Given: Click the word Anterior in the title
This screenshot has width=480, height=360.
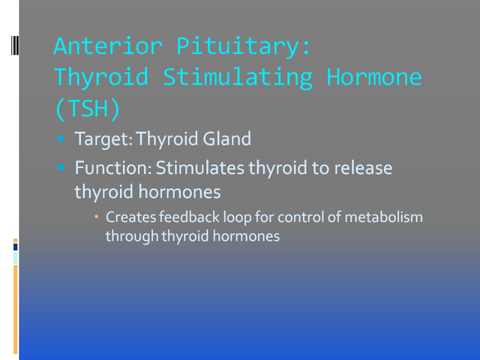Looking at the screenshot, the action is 108,46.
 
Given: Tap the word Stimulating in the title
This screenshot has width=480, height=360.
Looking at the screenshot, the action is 238,78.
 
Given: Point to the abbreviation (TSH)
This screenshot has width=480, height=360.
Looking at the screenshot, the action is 88,109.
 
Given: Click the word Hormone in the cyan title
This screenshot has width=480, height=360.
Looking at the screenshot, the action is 374,77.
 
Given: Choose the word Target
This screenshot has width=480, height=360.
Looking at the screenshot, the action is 103,139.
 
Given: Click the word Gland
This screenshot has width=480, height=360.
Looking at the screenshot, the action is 227,139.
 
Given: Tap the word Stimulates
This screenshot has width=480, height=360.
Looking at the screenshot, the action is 200,167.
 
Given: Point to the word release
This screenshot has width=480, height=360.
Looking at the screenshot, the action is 363,167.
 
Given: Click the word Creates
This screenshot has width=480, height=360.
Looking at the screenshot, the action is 131,217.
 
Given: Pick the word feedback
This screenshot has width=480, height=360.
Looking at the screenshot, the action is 189,217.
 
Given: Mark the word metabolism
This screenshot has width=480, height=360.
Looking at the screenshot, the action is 383,217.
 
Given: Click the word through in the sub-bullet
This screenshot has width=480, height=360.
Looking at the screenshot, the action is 132,236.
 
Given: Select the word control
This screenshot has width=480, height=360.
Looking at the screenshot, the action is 301,217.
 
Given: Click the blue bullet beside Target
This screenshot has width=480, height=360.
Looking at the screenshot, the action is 61,139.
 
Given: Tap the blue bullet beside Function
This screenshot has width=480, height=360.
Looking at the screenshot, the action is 61,167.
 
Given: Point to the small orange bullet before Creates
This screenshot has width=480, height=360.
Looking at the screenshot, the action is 97,217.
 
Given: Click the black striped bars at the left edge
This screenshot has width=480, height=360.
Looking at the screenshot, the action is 15,46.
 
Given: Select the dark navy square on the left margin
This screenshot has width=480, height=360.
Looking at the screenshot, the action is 16,247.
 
